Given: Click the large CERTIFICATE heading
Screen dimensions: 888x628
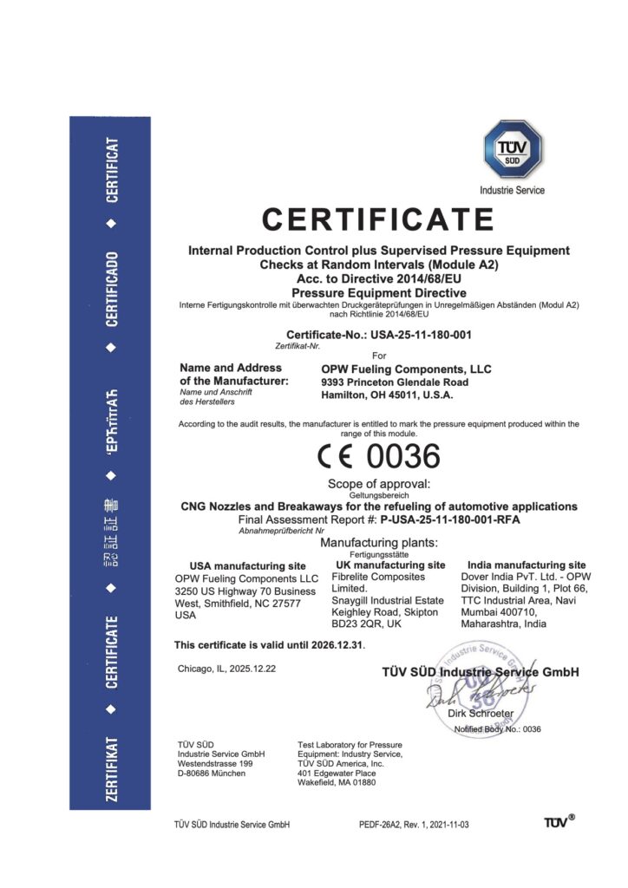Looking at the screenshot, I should pos(378,219).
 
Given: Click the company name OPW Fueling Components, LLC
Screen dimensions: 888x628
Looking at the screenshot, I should pos(406,369).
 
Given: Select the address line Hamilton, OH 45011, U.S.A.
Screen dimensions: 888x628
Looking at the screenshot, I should pos(387,395).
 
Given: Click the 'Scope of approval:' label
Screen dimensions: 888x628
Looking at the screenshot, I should pos(379,483).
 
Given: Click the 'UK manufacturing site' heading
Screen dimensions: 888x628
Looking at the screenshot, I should pos(389,565).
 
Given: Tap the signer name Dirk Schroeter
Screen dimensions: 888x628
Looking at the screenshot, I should pos(481,713).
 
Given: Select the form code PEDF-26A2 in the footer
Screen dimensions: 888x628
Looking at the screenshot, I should pos(384,824).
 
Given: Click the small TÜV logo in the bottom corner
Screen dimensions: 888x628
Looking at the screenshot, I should pos(559,821).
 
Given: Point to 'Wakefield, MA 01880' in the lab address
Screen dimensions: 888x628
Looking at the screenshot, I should pos(337,782).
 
